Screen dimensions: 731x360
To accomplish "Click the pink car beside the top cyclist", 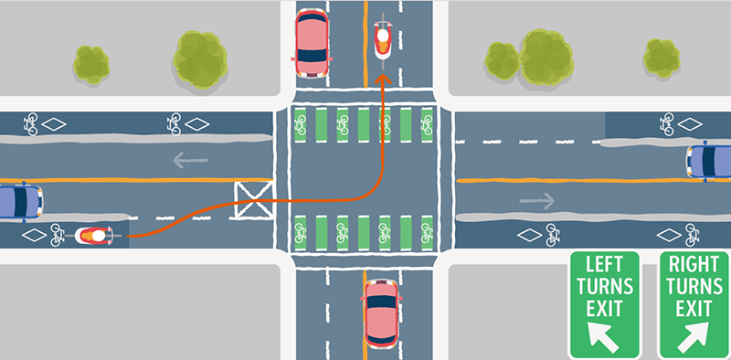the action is (312, 42).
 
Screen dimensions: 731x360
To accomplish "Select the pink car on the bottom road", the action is (381, 315).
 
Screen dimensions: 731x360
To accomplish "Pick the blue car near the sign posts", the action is (710, 161).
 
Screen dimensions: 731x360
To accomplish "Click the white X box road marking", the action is (253, 199).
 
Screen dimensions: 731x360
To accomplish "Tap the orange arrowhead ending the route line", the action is (381, 81).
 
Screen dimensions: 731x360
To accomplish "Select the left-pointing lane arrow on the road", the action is (191, 161).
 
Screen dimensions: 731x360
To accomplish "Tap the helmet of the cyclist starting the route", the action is (96, 237).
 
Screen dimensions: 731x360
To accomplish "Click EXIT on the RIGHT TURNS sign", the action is (694, 308).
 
